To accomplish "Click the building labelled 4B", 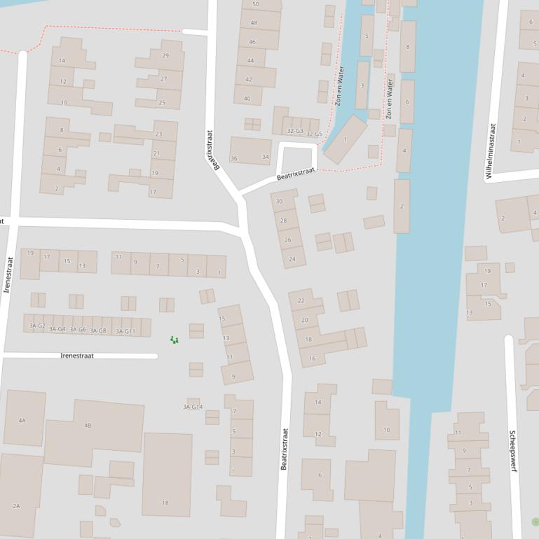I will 88,426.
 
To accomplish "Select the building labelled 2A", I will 16,505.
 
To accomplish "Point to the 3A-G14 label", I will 193,407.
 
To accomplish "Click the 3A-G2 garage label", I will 36,326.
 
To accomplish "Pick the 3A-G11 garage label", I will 125,331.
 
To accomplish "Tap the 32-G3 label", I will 295,131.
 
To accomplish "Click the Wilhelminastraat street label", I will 491,151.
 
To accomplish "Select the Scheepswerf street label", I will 513,450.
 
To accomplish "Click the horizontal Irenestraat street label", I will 77,356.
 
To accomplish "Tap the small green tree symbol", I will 175,340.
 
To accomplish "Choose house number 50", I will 255,4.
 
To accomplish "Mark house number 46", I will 252,42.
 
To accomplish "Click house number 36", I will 234,158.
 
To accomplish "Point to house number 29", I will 165,56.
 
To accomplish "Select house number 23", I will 158,134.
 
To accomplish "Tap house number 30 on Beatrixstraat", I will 279,202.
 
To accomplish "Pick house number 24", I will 292,259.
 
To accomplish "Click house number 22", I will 301,301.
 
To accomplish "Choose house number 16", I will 313,358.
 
